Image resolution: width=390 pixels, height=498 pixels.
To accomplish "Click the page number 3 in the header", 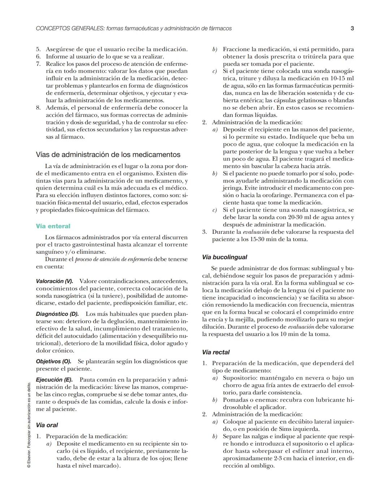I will tap(352, 28).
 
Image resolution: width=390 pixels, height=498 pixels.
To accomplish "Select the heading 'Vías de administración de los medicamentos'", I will tap(108, 154).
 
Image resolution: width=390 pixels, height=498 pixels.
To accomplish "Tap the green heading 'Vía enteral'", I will tap(53, 226).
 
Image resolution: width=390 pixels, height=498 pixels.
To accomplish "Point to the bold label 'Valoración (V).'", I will tap(55, 281).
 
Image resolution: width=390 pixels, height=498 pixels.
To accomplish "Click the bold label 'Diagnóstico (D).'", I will tap(57, 314).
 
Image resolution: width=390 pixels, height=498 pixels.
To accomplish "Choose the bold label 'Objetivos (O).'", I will tap(53, 361).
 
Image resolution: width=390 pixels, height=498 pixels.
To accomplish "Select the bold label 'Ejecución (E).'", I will tap(55, 380).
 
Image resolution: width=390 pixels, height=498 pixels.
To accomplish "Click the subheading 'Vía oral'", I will tap(47, 425).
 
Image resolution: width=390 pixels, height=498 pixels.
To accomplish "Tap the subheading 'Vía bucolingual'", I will tap(225, 257).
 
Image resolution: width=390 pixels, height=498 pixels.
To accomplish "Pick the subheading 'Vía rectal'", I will tap(216, 352).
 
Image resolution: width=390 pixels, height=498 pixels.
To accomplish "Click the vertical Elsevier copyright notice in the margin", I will tap(29, 426).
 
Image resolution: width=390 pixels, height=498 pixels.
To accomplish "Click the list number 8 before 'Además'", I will tap(38, 108).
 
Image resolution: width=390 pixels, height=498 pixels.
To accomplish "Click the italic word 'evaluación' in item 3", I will tap(256, 232).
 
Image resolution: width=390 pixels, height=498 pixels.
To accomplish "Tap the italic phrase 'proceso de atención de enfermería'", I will tap(113, 259).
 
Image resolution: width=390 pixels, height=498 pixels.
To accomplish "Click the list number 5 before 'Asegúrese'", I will tap(38, 49).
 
